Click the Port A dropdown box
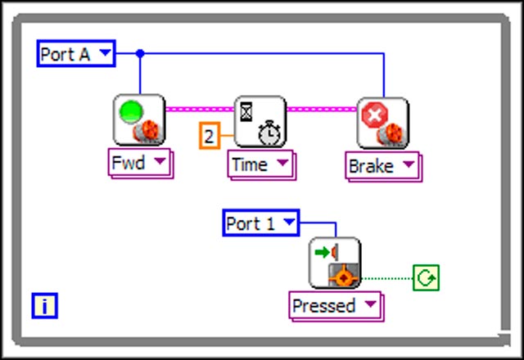76,55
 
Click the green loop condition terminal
426,278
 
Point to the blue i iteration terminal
45,306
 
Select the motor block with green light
140,121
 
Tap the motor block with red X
382,123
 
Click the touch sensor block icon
335,263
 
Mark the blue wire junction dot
140,54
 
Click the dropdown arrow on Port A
106,55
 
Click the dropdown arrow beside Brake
408,166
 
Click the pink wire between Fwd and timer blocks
200,108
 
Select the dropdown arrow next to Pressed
370,306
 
